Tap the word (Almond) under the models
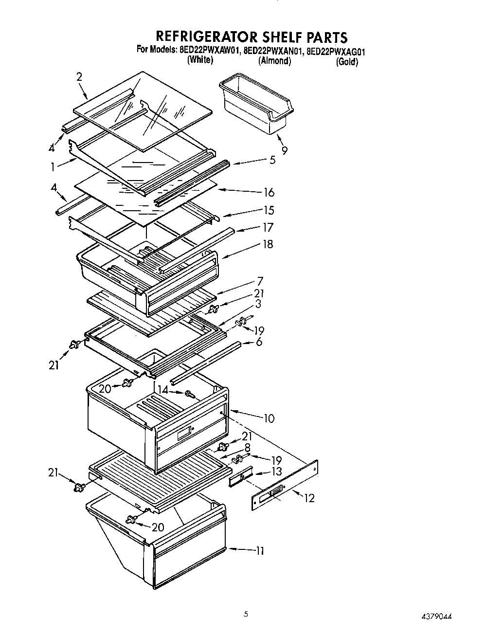tap(274, 61)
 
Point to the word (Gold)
tap(347, 62)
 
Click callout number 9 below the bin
tap(284, 150)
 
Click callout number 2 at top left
tap(79, 76)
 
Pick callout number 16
tap(269, 192)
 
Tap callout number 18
tap(268, 244)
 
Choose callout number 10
tap(269, 418)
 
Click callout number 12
tap(309, 498)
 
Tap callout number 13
tap(276, 472)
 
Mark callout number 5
tap(272, 160)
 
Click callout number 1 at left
tap(53, 166)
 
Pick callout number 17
tap(268, 227)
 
